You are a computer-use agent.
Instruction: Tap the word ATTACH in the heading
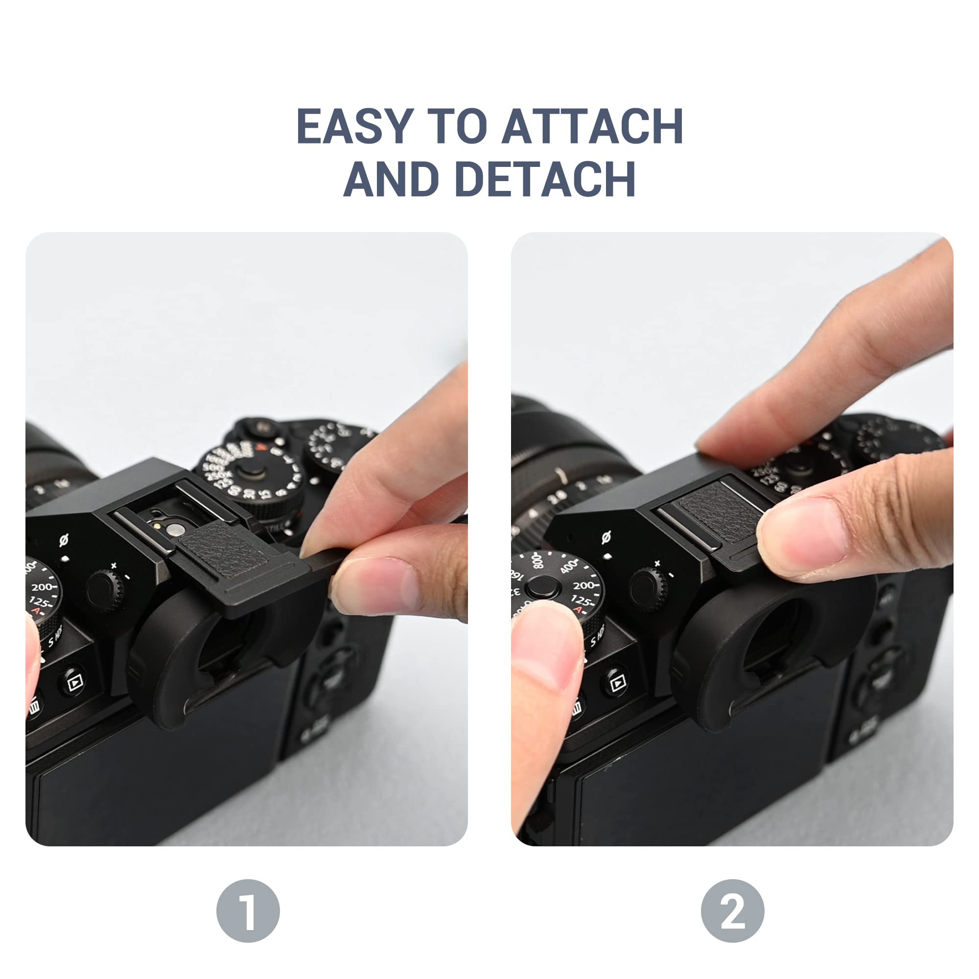click(592, 126)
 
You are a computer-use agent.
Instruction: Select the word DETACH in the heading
click(545, 179)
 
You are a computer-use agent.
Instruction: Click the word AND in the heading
click(391, 179)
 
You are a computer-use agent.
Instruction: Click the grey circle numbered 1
click(248, 910)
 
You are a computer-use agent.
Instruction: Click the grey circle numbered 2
click(732, 910)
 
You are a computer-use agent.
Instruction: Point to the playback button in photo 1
click(74, 682)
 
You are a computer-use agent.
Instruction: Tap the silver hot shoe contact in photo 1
click(176, 530)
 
